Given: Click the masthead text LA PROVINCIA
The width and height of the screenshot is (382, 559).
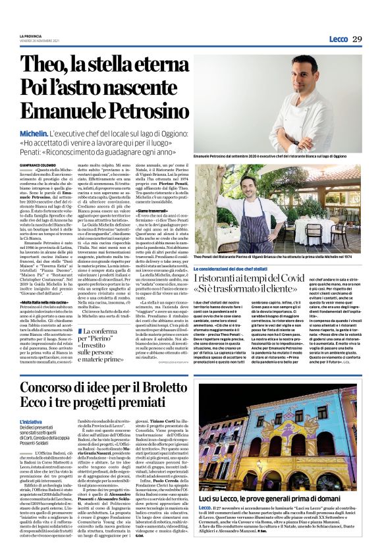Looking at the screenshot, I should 31,36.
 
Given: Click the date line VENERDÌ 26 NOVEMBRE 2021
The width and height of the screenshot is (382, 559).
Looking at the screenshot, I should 38,40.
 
